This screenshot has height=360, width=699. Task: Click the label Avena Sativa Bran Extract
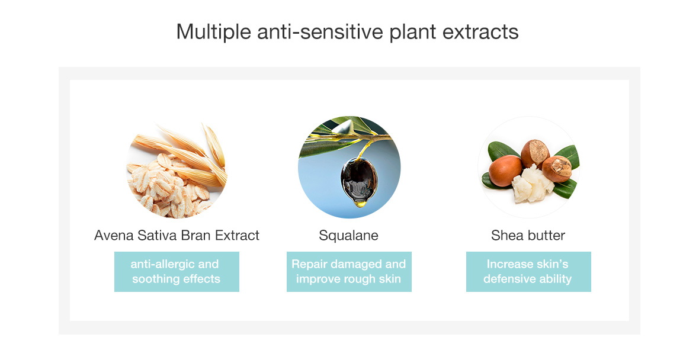pyautogui.click(x=177, y=235)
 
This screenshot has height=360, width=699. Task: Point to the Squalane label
pyautogui.click(x=348, y=236)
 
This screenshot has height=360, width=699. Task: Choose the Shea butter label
pyautogui.click(x=528, y=235)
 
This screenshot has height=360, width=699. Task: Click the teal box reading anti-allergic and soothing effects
pyautogui.click(x=177, y=272)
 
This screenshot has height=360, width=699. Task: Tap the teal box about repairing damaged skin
pyautogui.click(x=349, y=272)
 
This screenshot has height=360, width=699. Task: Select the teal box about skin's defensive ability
pyautogui.click(x=529, y=272)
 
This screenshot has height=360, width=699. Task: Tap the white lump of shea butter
pyautogui.click(x=532, y=182)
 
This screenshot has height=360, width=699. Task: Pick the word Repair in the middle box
pyautogui.click(x=309, y=264)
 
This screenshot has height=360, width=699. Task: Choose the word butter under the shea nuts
pyautogui.click(x=546, y=235)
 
